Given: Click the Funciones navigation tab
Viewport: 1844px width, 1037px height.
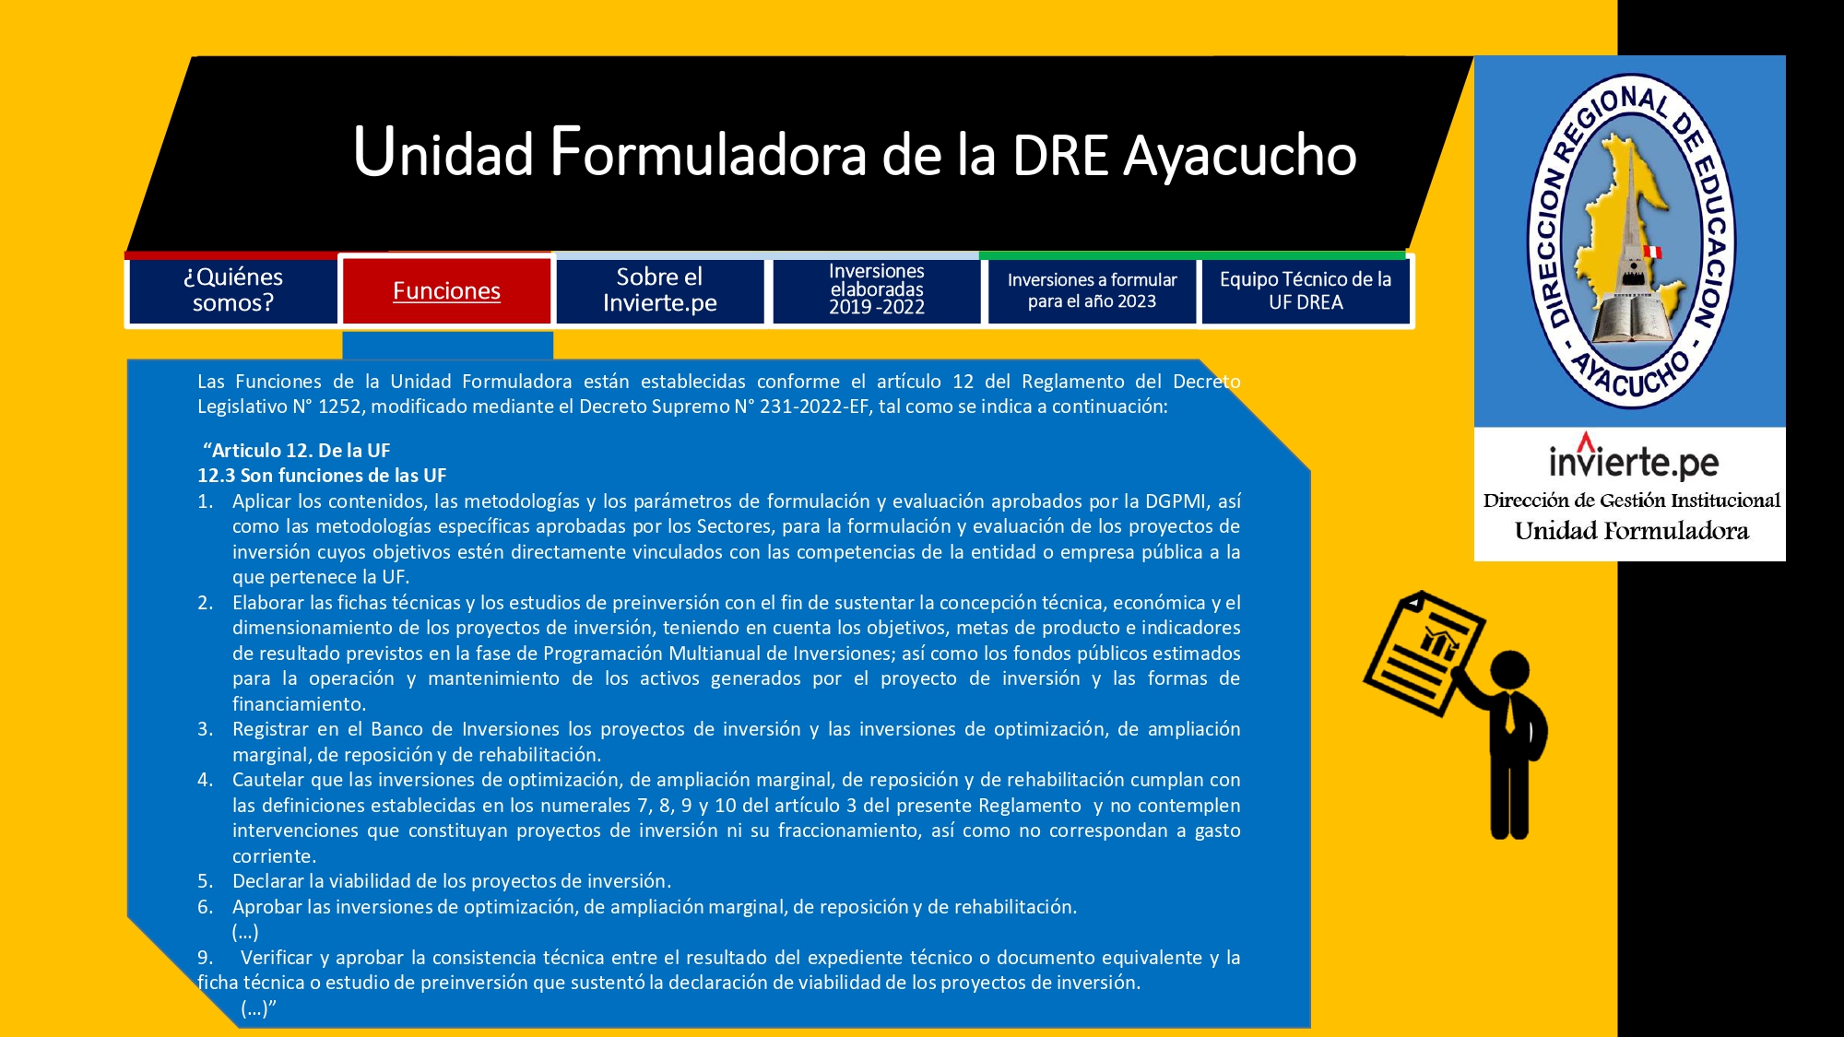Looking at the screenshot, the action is point(446,290).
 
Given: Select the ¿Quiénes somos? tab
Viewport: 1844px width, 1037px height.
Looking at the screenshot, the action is point(232,290).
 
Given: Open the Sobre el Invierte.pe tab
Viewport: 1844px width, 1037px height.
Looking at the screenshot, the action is point(660,290).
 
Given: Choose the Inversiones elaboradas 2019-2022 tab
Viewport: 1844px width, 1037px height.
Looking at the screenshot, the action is point(876,290).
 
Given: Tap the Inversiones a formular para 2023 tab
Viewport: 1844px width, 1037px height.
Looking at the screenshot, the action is point(1092,290).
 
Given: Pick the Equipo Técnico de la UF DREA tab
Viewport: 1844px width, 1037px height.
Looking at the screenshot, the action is point(1306,290).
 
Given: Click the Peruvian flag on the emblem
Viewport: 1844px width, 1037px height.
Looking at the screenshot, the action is point(1653,252).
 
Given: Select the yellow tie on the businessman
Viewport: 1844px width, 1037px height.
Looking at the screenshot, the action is point(1509,713).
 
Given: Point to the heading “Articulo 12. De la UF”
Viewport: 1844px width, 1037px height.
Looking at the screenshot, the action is point(296,451).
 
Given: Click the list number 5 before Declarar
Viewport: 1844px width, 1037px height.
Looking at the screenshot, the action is point(205,881).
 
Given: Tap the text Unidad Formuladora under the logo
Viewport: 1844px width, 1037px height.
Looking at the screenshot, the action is point(1631,531).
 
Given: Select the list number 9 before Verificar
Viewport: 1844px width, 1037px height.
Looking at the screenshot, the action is point(205,958).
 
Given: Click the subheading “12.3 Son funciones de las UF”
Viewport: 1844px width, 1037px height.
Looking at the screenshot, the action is point(322,476).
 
